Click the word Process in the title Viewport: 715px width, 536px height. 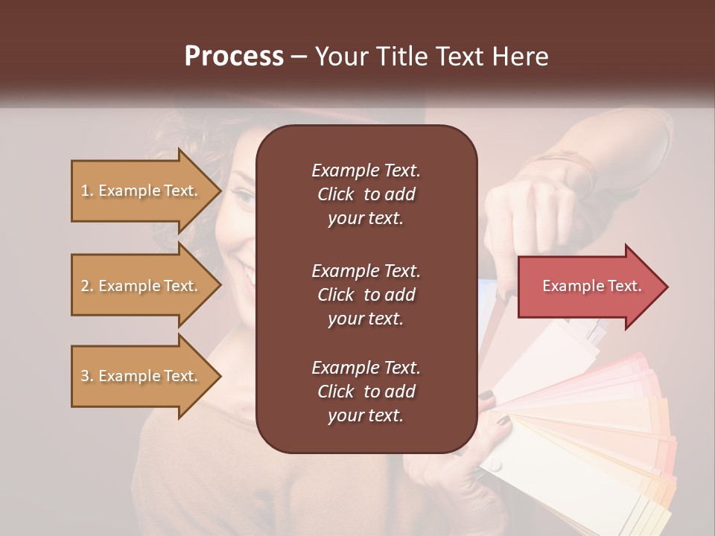click(x=234, y=57)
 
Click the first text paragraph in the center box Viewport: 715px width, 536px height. click(x=366, y=194)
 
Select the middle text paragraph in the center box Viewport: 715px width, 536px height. click(x=366, y=295)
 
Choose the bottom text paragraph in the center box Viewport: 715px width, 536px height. click(x=366, y=392)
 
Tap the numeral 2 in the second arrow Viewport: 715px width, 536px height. click(x=85, y=286)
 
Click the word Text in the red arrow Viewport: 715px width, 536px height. click(x=624, y=286)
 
